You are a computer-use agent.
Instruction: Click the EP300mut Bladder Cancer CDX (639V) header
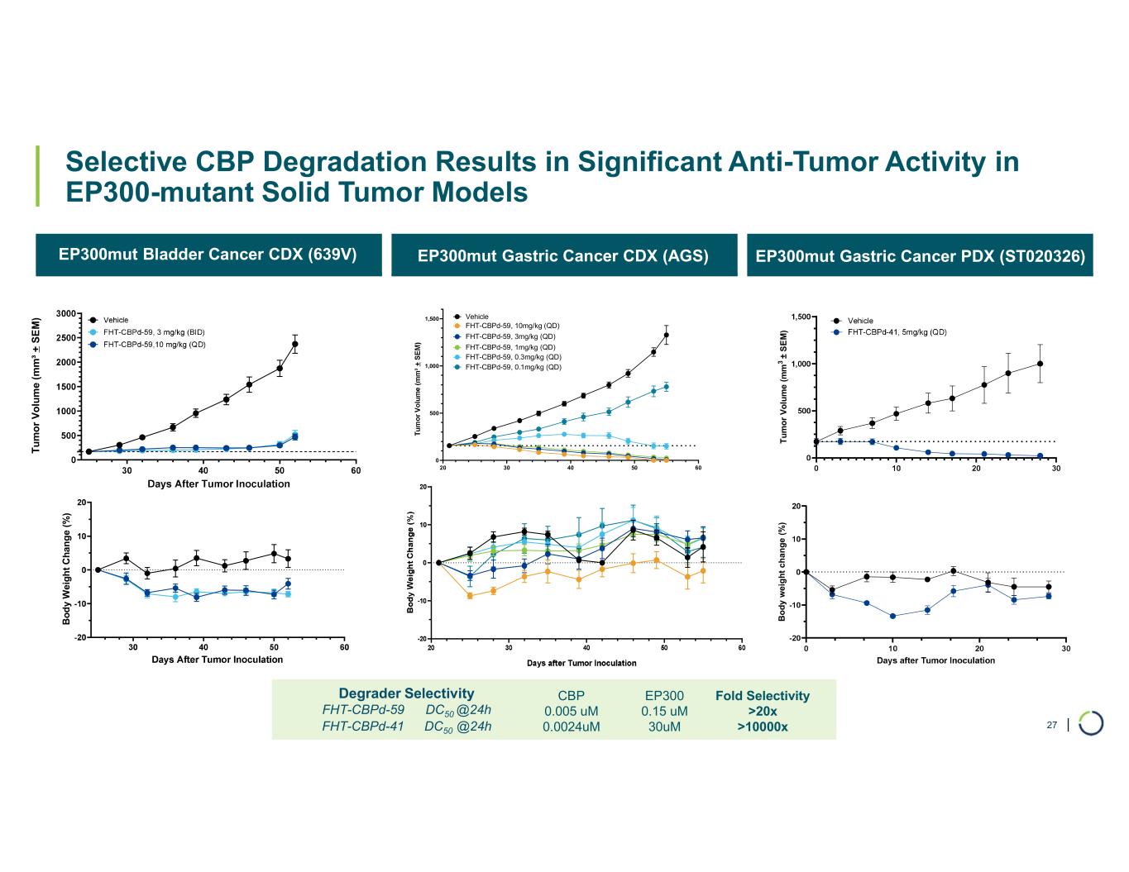click(x=208, y=254)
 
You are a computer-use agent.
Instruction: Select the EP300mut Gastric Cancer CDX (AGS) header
click(x=563, y=256)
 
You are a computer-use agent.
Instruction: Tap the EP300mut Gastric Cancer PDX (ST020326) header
click(x=920, y=256)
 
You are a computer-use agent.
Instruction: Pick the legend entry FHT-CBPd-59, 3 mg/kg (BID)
click(x=154, y=332)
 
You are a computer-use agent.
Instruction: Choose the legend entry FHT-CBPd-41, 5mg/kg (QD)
click(x=897, y=332)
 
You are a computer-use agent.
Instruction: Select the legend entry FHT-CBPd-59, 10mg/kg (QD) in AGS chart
click(x=512, y=326)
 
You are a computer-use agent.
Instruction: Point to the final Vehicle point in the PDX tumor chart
click(x=1040, y=364)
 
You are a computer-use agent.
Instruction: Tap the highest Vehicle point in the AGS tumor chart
click(x=666, y=335)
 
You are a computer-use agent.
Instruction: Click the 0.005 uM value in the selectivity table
click(x=571, y=711)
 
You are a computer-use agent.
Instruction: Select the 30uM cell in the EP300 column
click(x=664, y=727)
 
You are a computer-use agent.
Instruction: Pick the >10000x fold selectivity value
click(x=762, y=727)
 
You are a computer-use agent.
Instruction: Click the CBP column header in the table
click(x=572, y=695)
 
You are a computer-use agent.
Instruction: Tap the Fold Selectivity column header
click(x=762, y=696)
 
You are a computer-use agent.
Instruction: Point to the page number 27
click(x=1052, y=725)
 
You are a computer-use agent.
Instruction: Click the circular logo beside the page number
click(x=1090, y=722)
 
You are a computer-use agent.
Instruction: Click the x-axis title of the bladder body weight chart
click(x=217, y=660)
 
